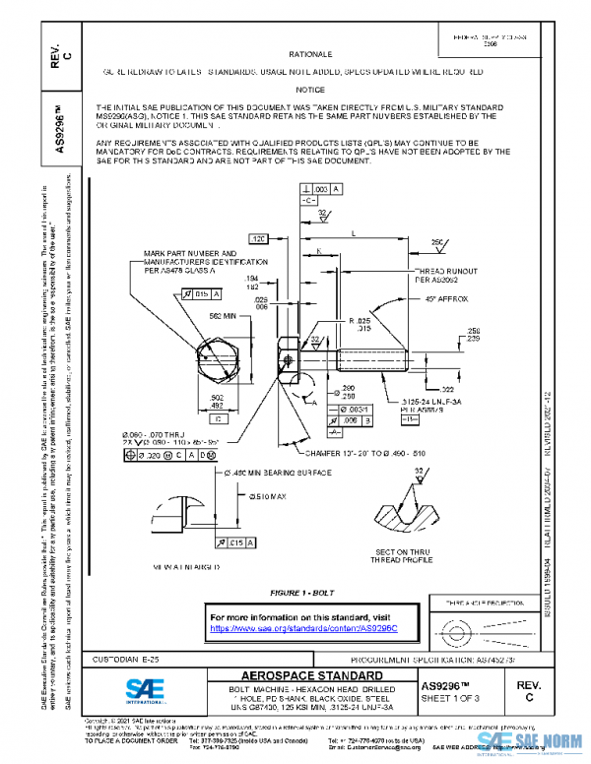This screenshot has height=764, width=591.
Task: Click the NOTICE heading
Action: (309, 90)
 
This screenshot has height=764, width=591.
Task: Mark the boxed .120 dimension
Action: (259, 239)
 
